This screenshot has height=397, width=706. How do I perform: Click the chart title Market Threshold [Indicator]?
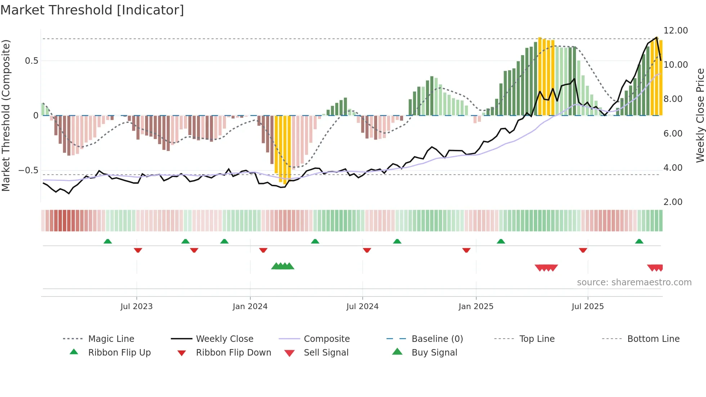point(92,10)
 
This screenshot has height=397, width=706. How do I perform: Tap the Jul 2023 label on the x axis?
point(137,307)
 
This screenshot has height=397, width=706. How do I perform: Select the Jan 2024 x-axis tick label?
point(250,307)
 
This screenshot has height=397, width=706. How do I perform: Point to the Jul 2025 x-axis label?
point(587,307)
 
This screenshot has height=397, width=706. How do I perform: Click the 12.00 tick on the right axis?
point(675,31)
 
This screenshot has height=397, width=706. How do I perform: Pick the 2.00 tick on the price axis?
point(673,202)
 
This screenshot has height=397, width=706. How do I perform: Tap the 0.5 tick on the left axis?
point(31,61)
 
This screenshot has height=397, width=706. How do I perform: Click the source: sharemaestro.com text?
point(634,282)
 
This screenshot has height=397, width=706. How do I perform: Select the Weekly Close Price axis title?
point(700,115)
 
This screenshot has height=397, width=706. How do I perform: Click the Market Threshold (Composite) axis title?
point(6,115)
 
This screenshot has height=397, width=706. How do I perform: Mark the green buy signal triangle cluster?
point(283,266)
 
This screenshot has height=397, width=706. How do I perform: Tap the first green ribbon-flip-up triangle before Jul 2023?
point(108,241)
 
